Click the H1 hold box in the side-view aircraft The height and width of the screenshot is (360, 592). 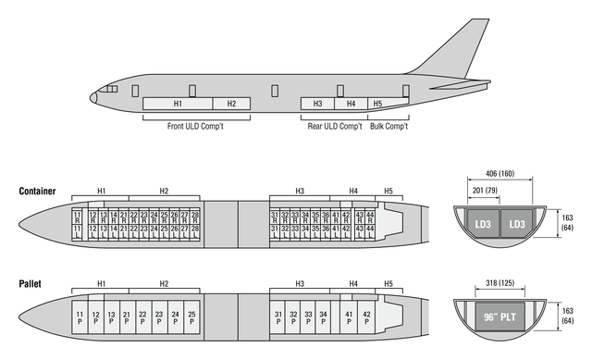179,104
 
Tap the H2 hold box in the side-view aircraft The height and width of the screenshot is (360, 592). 231,104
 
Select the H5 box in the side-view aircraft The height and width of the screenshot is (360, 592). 376,104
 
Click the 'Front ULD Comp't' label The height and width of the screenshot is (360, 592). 195,126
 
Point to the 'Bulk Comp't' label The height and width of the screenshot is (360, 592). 388,126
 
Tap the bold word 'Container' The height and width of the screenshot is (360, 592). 37,192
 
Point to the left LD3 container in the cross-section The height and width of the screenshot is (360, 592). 482,225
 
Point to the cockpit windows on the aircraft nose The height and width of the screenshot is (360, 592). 108,90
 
